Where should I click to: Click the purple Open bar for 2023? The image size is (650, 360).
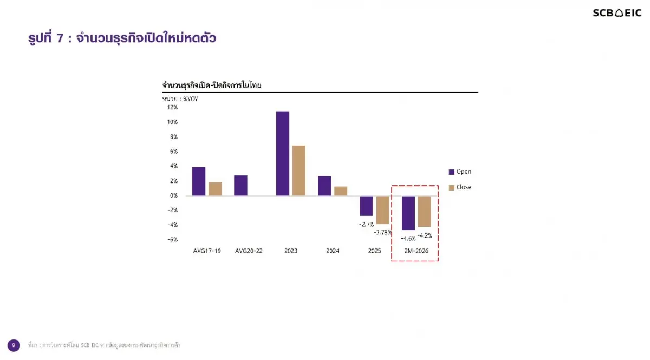282,153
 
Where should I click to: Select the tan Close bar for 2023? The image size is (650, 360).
298,171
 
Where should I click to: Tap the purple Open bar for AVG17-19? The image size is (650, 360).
199,181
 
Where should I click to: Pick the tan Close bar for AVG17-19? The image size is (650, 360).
215,189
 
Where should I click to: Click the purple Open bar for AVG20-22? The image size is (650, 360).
240,186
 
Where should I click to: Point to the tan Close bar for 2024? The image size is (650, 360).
341,191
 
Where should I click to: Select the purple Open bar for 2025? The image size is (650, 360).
366,206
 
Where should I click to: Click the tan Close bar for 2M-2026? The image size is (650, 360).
424,211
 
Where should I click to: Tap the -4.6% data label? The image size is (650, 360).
408,238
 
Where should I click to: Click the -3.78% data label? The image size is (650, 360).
382,232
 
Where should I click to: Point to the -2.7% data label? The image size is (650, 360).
367,224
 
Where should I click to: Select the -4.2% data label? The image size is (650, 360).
425,235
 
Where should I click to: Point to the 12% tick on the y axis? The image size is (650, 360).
172,107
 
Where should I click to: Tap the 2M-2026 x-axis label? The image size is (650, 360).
415,251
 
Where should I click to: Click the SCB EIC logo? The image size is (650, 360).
616,13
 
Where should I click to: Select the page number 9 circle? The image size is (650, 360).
14,345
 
